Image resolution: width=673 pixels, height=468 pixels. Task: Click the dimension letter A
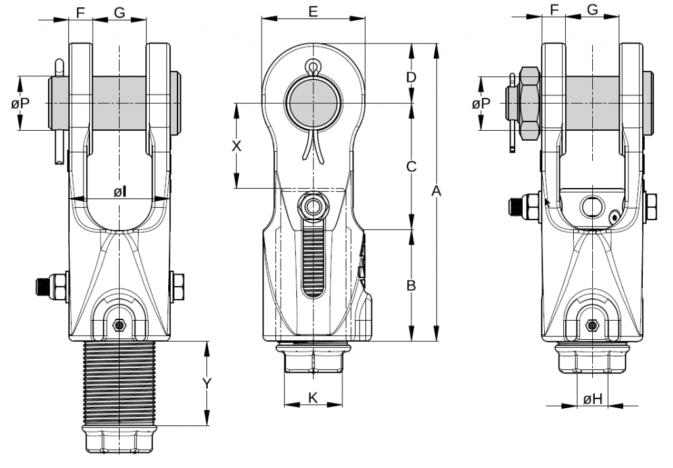[435, 191]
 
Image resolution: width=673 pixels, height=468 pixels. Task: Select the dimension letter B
[411, 286]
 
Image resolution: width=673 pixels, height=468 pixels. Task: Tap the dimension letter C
[411, 167]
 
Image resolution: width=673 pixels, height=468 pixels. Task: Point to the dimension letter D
[411, 78]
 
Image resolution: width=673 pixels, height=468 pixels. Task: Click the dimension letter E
[313, 11]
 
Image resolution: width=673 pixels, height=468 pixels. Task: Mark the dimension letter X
[237, 146]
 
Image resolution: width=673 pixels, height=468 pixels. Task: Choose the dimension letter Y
[207, 383]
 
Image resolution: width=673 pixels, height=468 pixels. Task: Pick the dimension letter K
[313, 398]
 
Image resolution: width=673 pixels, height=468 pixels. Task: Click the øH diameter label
[592, 398]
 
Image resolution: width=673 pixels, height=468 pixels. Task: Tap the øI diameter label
[119, 191]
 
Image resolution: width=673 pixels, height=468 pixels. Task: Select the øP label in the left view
[20, 103]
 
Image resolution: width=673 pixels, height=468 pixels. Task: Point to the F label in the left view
[80, 11]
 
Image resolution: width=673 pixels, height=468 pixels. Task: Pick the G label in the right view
[592, 11]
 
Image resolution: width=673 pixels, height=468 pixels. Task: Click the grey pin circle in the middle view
[313, 103]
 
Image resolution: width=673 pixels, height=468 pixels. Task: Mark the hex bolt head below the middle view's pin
[313, 206]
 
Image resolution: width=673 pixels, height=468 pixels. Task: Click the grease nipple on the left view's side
[45, 287]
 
